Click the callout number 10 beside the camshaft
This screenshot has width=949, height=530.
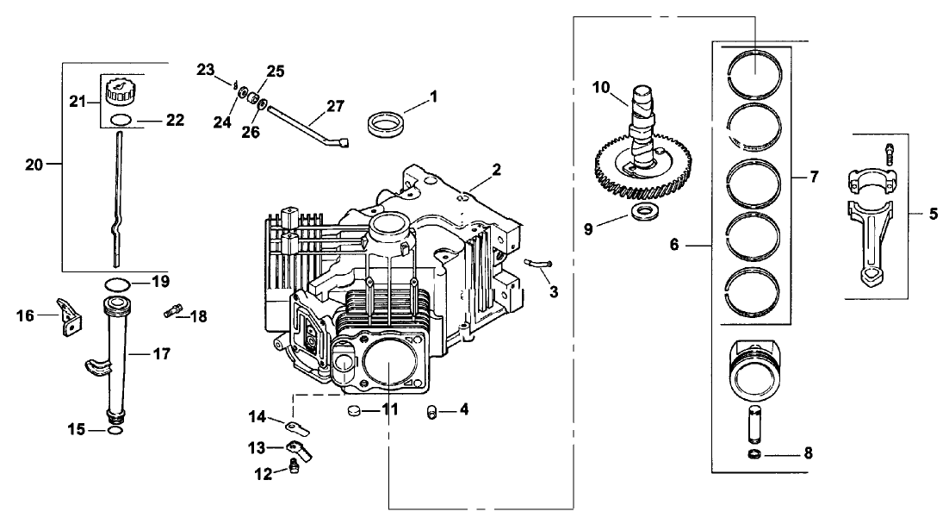601,87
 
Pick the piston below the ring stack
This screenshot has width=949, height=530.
755,368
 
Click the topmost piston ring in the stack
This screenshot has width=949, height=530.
755,69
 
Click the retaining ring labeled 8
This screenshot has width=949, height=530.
754,453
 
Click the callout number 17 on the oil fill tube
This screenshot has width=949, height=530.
161,353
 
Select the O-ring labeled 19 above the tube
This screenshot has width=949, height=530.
119,283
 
